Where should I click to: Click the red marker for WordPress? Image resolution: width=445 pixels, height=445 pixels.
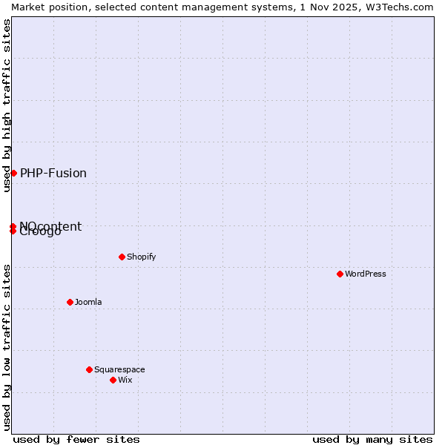(340, 274)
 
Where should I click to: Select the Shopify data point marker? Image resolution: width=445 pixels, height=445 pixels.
(122, 257)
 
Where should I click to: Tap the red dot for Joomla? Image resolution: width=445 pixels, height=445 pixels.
(70, 302)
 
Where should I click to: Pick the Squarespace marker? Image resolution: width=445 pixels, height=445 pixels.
(89, 369)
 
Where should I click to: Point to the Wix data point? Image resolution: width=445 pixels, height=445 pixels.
(113, 380)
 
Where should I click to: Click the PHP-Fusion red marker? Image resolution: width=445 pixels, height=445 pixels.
(13, 173)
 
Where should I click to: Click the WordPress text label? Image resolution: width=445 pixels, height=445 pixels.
(366, 274)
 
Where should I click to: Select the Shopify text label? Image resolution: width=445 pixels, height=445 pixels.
(141, 257)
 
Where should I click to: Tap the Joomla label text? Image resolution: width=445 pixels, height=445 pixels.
(88, 302)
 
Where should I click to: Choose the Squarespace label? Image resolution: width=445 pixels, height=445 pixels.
(119, 369)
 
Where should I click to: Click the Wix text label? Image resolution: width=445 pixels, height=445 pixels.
(125, 380)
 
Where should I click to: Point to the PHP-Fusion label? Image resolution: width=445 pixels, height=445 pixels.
(53, 173)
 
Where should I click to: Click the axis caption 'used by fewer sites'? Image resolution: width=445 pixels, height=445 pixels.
(76, 439)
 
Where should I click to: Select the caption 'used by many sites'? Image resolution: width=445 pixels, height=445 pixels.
(372, 439)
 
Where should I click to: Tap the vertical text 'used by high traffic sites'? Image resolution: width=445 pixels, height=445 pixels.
(7, 105)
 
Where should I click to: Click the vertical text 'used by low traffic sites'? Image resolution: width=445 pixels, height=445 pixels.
(7, 347)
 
